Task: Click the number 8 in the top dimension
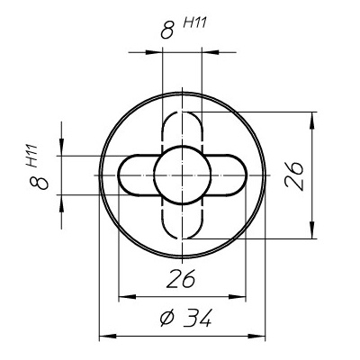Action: (x=166, y=31)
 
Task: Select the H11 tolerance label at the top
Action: (x=195, y=22)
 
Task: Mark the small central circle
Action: (x=183, y=174)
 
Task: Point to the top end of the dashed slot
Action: (x=183, y=115)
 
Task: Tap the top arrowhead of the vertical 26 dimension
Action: (x=312, y=117)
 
